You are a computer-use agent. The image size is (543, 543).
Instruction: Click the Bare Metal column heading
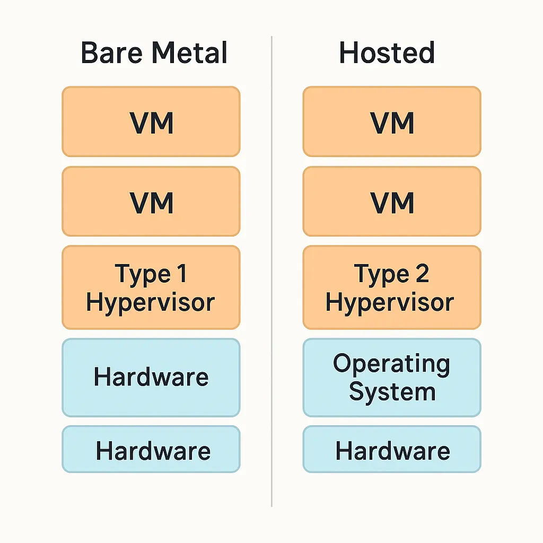click(154, 54)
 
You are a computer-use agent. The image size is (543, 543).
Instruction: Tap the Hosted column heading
click(387, 54)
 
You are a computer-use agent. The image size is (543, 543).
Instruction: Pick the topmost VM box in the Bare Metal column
click(151, 122)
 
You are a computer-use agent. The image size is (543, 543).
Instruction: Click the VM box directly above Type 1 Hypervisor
click(151, 202)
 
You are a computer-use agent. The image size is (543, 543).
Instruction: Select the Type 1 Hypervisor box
click(151, 287)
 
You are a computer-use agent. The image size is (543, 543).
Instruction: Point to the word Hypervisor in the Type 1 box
click(151, 302)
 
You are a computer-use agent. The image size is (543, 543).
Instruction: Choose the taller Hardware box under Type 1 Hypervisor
click(151, 378)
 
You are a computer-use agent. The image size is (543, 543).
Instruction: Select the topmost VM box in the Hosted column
click(392, 122)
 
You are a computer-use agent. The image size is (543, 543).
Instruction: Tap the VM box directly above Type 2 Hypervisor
click(392, 202)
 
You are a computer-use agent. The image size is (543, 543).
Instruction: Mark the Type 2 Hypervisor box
click(392, 287)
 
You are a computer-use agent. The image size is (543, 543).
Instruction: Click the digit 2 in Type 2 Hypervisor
click(422, 274)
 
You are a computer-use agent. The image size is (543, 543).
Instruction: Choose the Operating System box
click(392, 378)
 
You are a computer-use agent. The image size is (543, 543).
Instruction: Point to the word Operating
click(391, 364)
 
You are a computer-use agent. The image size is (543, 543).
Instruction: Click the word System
click(392, 392)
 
